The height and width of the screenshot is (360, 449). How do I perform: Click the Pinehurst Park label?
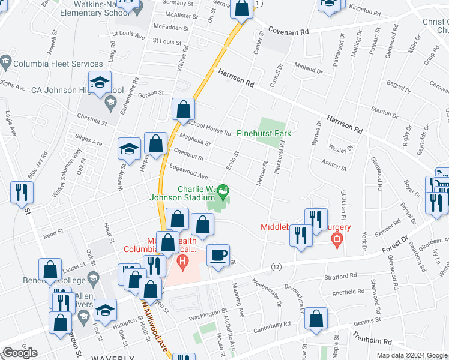[264, 133]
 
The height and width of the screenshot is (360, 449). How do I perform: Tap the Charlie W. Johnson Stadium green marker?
[224, 193]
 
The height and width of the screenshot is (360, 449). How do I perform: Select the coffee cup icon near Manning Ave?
[218, 256]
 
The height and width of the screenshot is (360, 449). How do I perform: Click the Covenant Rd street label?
[288, 30]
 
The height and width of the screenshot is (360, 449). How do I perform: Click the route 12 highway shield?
[276, 266]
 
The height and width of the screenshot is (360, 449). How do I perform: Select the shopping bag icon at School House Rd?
[183, 110]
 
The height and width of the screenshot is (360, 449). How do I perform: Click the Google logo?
[19, 353]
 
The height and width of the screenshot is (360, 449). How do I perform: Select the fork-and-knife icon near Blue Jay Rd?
[21, 193]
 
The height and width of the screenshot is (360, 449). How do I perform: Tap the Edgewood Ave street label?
[188, 172]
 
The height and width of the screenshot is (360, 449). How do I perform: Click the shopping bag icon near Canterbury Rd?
[316, 319]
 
